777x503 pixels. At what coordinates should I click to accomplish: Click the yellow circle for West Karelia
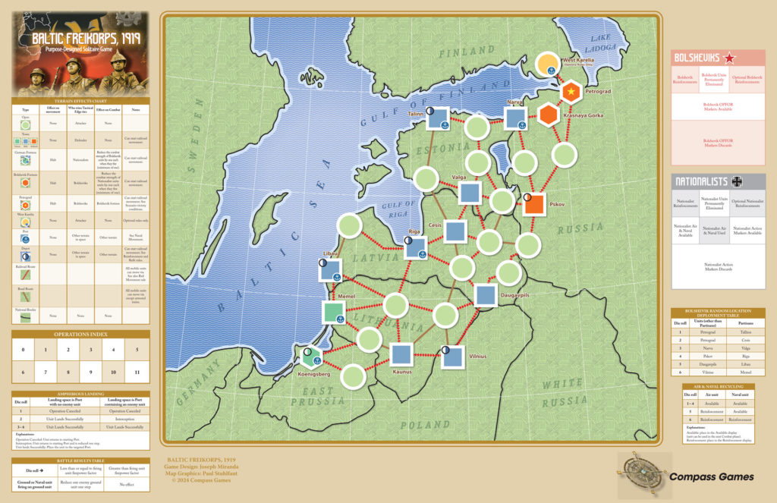(x=549, y=65)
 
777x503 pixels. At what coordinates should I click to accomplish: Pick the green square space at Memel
(x=334, y=311)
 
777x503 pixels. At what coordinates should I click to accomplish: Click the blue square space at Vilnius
(x=453, y=356)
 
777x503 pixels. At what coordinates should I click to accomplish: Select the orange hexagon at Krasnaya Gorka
(x=549, y=115)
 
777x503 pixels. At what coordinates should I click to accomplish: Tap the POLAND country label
(x=425, y=425)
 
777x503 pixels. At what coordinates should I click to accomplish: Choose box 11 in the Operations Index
(x=137, y=373)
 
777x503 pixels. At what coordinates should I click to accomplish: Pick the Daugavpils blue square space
(x=486, y=295)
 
